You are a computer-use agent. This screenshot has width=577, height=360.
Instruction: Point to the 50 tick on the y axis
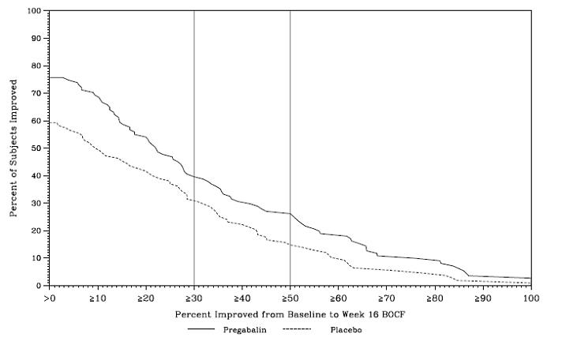coord(38,148)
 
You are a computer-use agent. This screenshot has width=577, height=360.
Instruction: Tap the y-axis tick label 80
coord(38,66)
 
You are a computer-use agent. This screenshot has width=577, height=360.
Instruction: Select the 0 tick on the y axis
coord(40,286)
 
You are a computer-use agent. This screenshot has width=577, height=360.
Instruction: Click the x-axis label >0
coord(50,298)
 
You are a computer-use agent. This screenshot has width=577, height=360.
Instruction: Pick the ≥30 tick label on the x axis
coord(193,298)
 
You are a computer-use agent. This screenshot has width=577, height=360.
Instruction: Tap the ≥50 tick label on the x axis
coord(290,298)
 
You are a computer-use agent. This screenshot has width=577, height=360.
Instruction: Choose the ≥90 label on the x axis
coord(482,298)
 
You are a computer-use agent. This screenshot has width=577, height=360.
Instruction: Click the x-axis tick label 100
coord(530,298)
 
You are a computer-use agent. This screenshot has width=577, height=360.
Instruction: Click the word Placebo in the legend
coord(346,329)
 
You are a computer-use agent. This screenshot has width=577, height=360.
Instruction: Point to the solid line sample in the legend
coord(202,330)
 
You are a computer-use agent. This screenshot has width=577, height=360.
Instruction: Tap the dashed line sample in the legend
coord(297,330)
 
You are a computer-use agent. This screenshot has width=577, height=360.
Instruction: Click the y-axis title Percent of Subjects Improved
coord(13,148)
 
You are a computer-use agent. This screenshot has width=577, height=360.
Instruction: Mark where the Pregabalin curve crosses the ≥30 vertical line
coord(194,177)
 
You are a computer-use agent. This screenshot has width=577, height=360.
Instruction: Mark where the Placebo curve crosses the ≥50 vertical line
coord(290,245)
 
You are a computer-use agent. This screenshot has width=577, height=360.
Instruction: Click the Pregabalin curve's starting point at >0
coord(50,77)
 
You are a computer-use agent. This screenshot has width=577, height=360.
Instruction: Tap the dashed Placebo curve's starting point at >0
coord(50,122)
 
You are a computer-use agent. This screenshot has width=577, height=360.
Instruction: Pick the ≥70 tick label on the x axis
coord(386,298)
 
